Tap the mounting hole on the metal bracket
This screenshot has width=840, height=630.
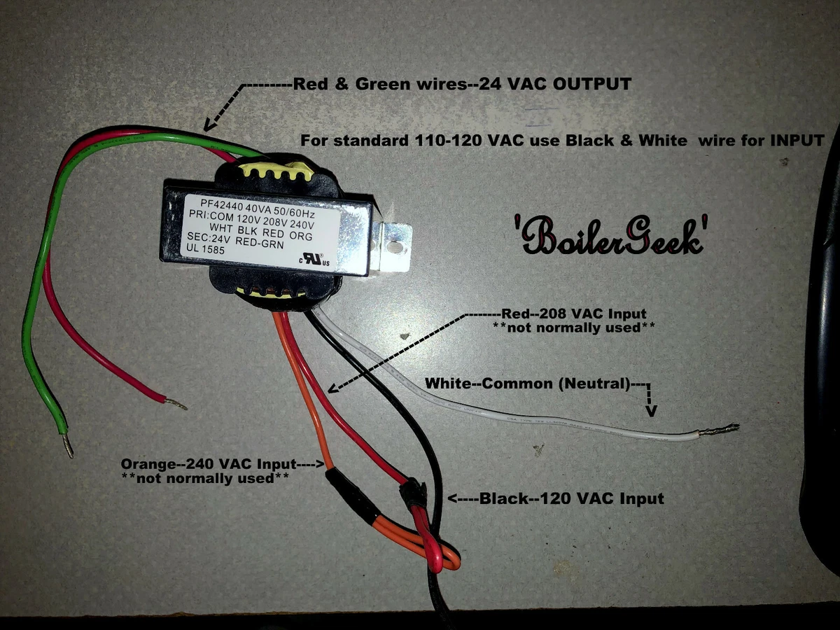[397, 247]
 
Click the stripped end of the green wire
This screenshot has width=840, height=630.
[68, 445]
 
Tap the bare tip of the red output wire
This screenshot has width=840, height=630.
[176, 404]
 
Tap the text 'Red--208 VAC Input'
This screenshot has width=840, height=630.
[574, 313]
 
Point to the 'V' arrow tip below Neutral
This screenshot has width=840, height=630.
[651, 411]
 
